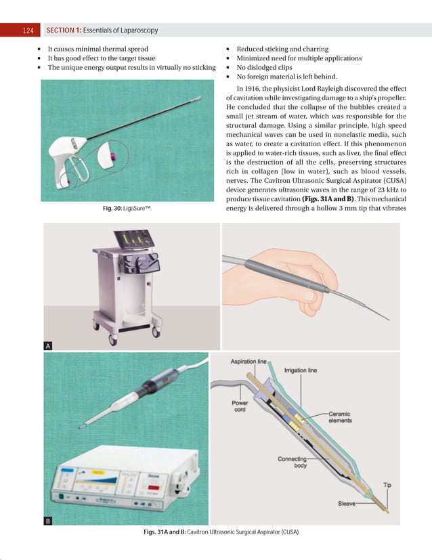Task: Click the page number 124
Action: click(28, 30)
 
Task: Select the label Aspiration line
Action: click(249, 362)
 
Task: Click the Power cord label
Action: click(240, 406)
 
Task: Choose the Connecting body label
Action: click(293, 463)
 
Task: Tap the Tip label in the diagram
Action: click(387, 485)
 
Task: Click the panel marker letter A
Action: click(48, 346)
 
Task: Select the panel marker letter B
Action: click(48, 521)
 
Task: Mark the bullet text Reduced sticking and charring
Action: click(282, 49)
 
